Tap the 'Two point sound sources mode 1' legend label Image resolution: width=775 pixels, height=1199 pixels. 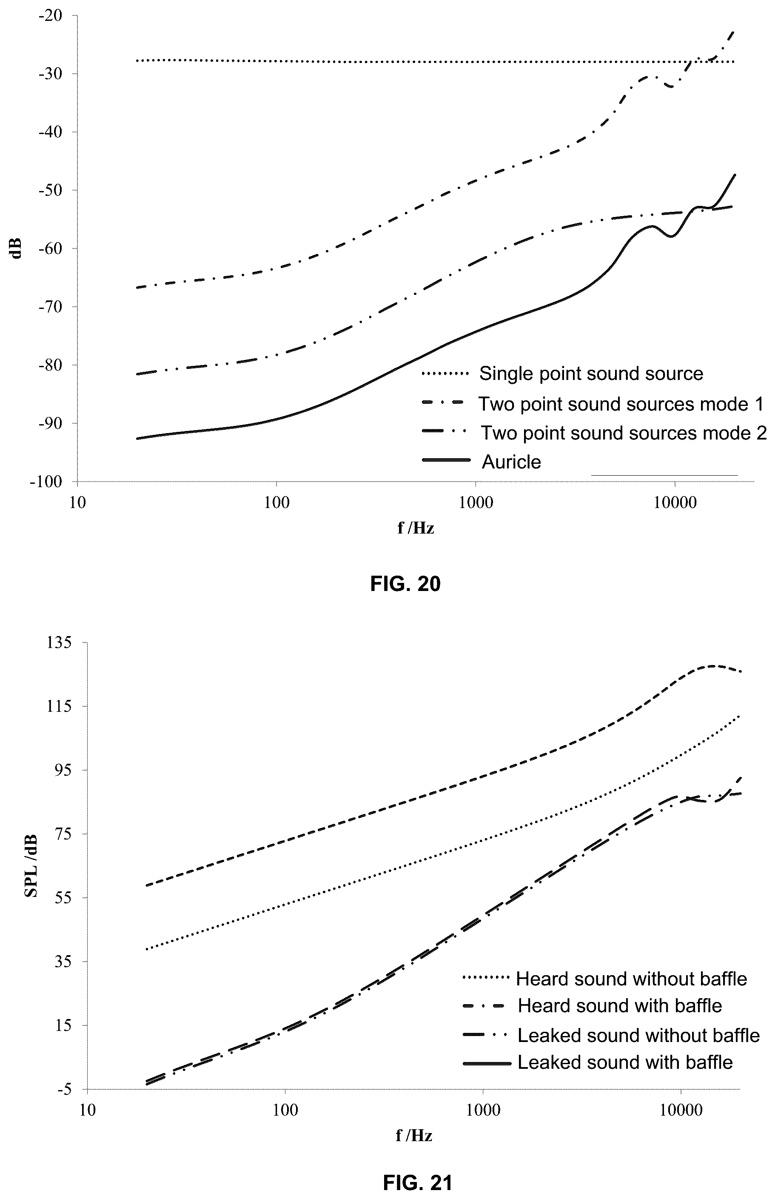(x=621, y=404)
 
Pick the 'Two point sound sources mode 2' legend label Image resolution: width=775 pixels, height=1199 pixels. (x=624, y=432)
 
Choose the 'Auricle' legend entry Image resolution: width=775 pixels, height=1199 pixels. (x=511, y=462)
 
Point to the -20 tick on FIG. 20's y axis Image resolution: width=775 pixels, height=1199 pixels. (x=50, y=16)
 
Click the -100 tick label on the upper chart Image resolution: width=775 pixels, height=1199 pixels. (x=46, y=482)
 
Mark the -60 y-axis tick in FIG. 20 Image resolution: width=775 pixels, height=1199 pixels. (x=50, y=248)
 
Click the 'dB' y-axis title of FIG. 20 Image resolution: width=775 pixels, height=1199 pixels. (x=17, y=248)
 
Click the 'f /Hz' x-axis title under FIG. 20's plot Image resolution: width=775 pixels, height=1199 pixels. (x=416, y=528)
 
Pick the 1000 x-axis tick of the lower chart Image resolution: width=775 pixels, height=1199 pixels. (x=483, y=1111)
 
